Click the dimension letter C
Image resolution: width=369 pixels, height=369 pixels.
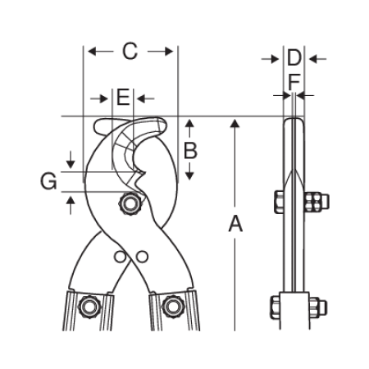click(x=130, y=51)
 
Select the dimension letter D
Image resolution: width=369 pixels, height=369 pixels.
click(x=294, y=58)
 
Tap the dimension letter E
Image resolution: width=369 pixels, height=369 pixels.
click(x=123, y=98)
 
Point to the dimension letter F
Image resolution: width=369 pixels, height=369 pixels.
click(x=294, y=82)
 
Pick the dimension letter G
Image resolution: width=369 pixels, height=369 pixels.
click(x=48, y=181)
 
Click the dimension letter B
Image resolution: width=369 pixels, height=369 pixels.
click(x=190, y=151)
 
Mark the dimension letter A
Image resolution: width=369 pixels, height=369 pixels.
click(x=235, y=224)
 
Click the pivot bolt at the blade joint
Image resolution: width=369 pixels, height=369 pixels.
click(x=130, y=203)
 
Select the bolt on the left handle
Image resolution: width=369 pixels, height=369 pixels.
click(x=89, y=307)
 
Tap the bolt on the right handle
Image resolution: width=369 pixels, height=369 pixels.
click(x=172, y=306)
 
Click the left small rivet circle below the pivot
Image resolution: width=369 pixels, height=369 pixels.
click(x=120, y=257)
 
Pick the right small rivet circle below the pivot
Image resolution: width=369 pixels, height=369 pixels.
click(x=142, y=257)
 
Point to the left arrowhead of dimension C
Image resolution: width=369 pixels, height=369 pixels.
click(x=92, y=51)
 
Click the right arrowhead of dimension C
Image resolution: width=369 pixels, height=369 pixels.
click(x=169, y=51)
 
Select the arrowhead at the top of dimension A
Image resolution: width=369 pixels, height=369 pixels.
click(x=235, y=123)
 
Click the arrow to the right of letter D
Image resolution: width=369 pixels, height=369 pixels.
click(x=317, y=58)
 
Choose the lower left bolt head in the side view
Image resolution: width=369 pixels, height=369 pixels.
click(x=276, y=307)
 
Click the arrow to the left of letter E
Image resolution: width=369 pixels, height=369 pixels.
click(x=99, y=98)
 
